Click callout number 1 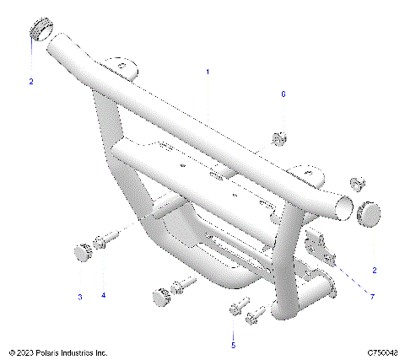pyautogui.click(x=208, y=73)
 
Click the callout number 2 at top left pyautogui.click(x=31, y=82)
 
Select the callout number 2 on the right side pyautogui.click(x=375, y=270)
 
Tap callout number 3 pyautogui.click(x=80, y=296)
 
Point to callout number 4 pyautogui.click(x=104, y=296)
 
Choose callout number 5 pyautogui.click(x=234, y=345)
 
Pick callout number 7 pyautogui.click(x=370, y=296)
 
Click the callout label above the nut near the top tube pyautogui.click(x=283, y=94)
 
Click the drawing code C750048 pyautogui.click(x=381, y=352)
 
